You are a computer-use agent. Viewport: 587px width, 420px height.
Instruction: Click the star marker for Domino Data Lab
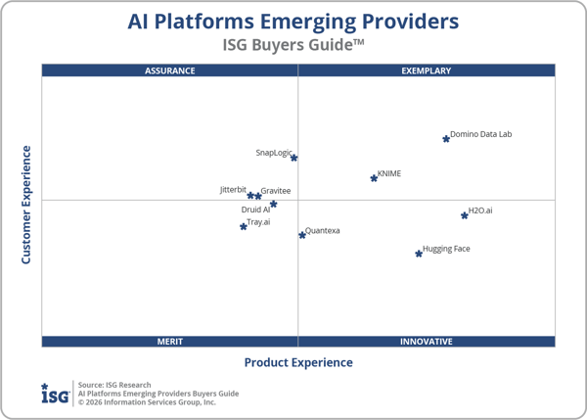[446, 139]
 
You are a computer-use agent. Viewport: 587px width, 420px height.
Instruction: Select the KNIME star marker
[374, 178]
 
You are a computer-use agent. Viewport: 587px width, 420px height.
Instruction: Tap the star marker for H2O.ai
[465, 215]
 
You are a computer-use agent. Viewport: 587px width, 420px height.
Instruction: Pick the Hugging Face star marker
[419, 254]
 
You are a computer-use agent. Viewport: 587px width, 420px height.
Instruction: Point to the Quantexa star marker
[302, 235]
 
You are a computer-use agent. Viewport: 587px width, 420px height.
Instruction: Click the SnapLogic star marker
[293, 158]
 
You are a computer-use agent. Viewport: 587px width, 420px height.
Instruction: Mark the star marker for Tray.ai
[244, 227]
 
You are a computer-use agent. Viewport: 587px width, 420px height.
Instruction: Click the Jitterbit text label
[233, 189]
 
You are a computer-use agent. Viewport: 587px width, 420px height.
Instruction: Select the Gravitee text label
[276, 190]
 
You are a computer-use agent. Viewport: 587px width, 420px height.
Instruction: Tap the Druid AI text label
[255, 210]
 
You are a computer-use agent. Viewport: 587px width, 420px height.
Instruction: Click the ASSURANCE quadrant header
[170, 70]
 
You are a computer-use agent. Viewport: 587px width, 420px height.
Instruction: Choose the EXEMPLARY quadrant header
[427, 70]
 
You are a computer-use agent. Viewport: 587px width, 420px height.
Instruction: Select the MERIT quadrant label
[170, 342]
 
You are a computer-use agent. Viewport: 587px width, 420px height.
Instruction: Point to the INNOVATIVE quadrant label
[427, 342]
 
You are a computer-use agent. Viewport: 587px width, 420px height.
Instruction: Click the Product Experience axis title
[298, 362]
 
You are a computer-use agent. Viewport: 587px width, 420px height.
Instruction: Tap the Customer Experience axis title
[26, 205]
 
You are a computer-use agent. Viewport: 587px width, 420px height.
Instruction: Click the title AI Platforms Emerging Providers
[293, 22]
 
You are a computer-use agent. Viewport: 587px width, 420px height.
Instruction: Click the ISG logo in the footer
[55, 393]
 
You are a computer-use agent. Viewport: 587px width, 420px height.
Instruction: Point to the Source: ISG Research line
[114, 385]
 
